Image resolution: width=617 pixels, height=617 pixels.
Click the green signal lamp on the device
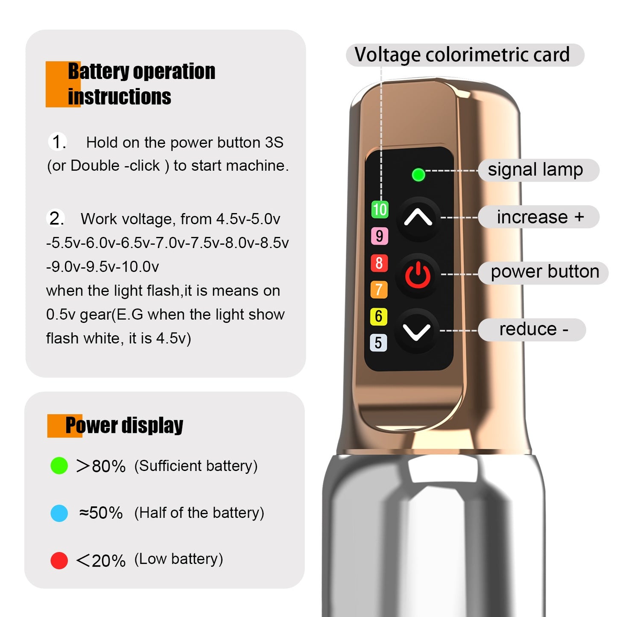tap(418, 175)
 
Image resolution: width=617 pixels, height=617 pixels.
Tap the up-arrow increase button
tap(418, 219)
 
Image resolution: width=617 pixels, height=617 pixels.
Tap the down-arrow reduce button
tap(416, 331)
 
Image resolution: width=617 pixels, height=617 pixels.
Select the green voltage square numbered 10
tap(380, 210)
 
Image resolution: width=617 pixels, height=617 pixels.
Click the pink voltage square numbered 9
tap(380, 236)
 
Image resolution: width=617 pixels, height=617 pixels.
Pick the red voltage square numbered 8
tap(379, 263)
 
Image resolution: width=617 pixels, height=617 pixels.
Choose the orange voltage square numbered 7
tap(379, 290)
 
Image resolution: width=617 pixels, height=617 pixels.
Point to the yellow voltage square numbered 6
tap(378, 316)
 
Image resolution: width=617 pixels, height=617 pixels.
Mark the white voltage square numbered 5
tap(378, 343)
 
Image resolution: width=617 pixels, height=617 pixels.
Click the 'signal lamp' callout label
tap(538, 170)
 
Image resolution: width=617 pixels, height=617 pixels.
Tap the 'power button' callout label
tap(544, 273)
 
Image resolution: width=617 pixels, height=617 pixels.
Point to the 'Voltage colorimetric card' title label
tap(465, 55)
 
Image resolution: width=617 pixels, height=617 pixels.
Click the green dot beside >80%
tap(59, 465)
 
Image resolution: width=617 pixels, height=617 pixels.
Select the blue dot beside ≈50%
tap(59, 513)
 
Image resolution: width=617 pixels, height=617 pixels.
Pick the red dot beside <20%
tap(59, 560)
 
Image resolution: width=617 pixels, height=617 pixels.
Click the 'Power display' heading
tap(124, 426)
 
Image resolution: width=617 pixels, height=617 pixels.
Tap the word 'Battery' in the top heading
tap(99, 71)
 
